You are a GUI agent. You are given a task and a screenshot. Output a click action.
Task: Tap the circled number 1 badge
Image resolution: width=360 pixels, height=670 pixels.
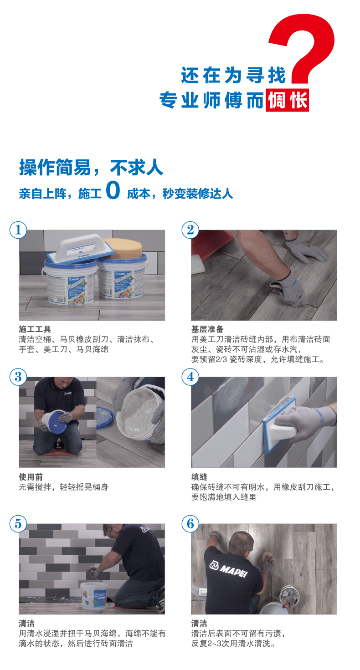18,230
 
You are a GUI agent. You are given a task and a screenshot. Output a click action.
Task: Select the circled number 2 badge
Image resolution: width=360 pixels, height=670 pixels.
190,230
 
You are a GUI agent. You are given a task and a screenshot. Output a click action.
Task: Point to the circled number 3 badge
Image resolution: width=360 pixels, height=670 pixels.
18,377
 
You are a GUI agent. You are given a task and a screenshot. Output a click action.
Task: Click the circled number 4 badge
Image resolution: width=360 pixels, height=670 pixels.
190,377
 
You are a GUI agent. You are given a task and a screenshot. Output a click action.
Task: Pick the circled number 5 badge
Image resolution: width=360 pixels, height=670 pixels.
18,524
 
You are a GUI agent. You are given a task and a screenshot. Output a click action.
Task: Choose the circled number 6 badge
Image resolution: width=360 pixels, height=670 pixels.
190,524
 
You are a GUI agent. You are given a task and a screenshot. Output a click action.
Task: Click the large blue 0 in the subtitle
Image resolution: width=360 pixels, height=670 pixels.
113,190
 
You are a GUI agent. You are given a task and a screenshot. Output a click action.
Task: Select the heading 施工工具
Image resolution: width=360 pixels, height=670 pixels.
35,329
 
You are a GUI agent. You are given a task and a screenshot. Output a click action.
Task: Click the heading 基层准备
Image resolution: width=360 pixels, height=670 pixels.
207,329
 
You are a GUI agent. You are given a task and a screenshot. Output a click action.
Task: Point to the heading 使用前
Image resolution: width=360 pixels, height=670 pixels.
31,477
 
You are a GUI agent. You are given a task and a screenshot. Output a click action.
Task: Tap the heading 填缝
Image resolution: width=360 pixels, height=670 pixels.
199,477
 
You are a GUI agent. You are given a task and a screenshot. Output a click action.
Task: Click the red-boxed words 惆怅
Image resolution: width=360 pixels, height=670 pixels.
287,101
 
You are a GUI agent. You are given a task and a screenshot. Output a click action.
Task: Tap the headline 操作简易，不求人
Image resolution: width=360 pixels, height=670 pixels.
91,168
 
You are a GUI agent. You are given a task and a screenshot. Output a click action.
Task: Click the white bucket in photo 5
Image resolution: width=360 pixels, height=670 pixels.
94,596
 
